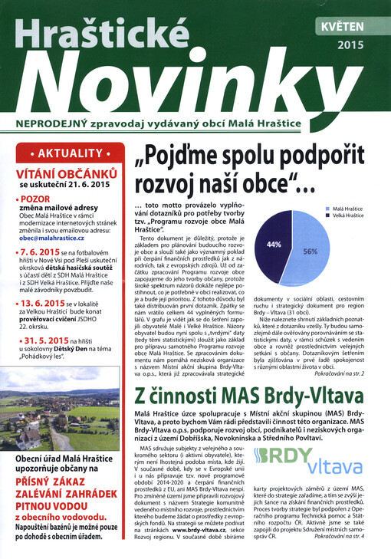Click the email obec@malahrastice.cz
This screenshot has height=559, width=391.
[52, 238]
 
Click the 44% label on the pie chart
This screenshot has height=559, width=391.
[274, 244]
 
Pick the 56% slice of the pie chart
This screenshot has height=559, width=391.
[315, 249]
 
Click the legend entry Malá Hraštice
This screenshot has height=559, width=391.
[348, 208]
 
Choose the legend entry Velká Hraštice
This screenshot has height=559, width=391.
[348, 215]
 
